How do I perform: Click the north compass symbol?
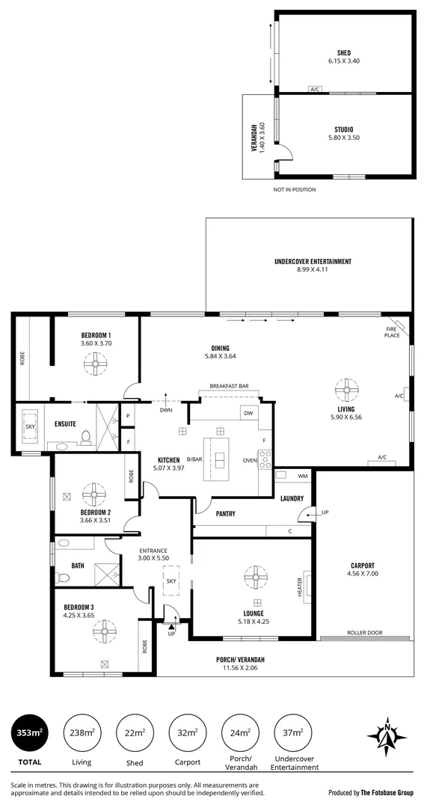point(388,734)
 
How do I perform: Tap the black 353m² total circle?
point(28,732)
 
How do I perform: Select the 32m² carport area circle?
point(188,732)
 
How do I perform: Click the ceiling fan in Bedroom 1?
point(96,365)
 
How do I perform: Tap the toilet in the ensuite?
point(86,438)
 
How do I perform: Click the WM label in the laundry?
point(302,476)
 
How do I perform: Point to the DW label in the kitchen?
point(248,413)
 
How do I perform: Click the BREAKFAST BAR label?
point(229,385)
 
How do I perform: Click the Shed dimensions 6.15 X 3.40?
point(343,61)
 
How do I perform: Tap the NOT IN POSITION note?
point(295,189)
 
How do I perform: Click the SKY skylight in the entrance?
point(171,581)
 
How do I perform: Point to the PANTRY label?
point(225,513)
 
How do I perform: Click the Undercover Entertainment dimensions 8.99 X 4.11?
point(313,269)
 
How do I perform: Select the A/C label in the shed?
point(315,90)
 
